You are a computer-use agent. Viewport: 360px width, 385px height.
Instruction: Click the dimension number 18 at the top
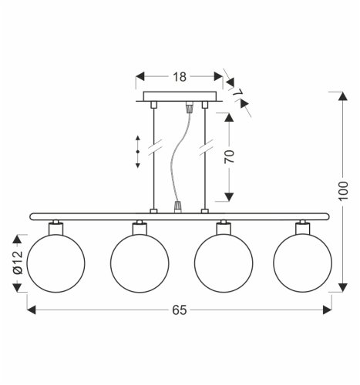(179, 77)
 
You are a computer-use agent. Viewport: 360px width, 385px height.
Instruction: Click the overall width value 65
(179, 311)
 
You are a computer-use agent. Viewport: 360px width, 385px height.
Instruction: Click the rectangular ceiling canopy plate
(179, 97)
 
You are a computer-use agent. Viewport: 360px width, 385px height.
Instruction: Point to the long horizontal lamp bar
(179, 216)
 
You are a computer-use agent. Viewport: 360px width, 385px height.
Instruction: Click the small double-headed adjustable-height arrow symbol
(138, 152)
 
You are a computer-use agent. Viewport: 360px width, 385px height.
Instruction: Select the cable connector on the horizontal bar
(178, 206)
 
